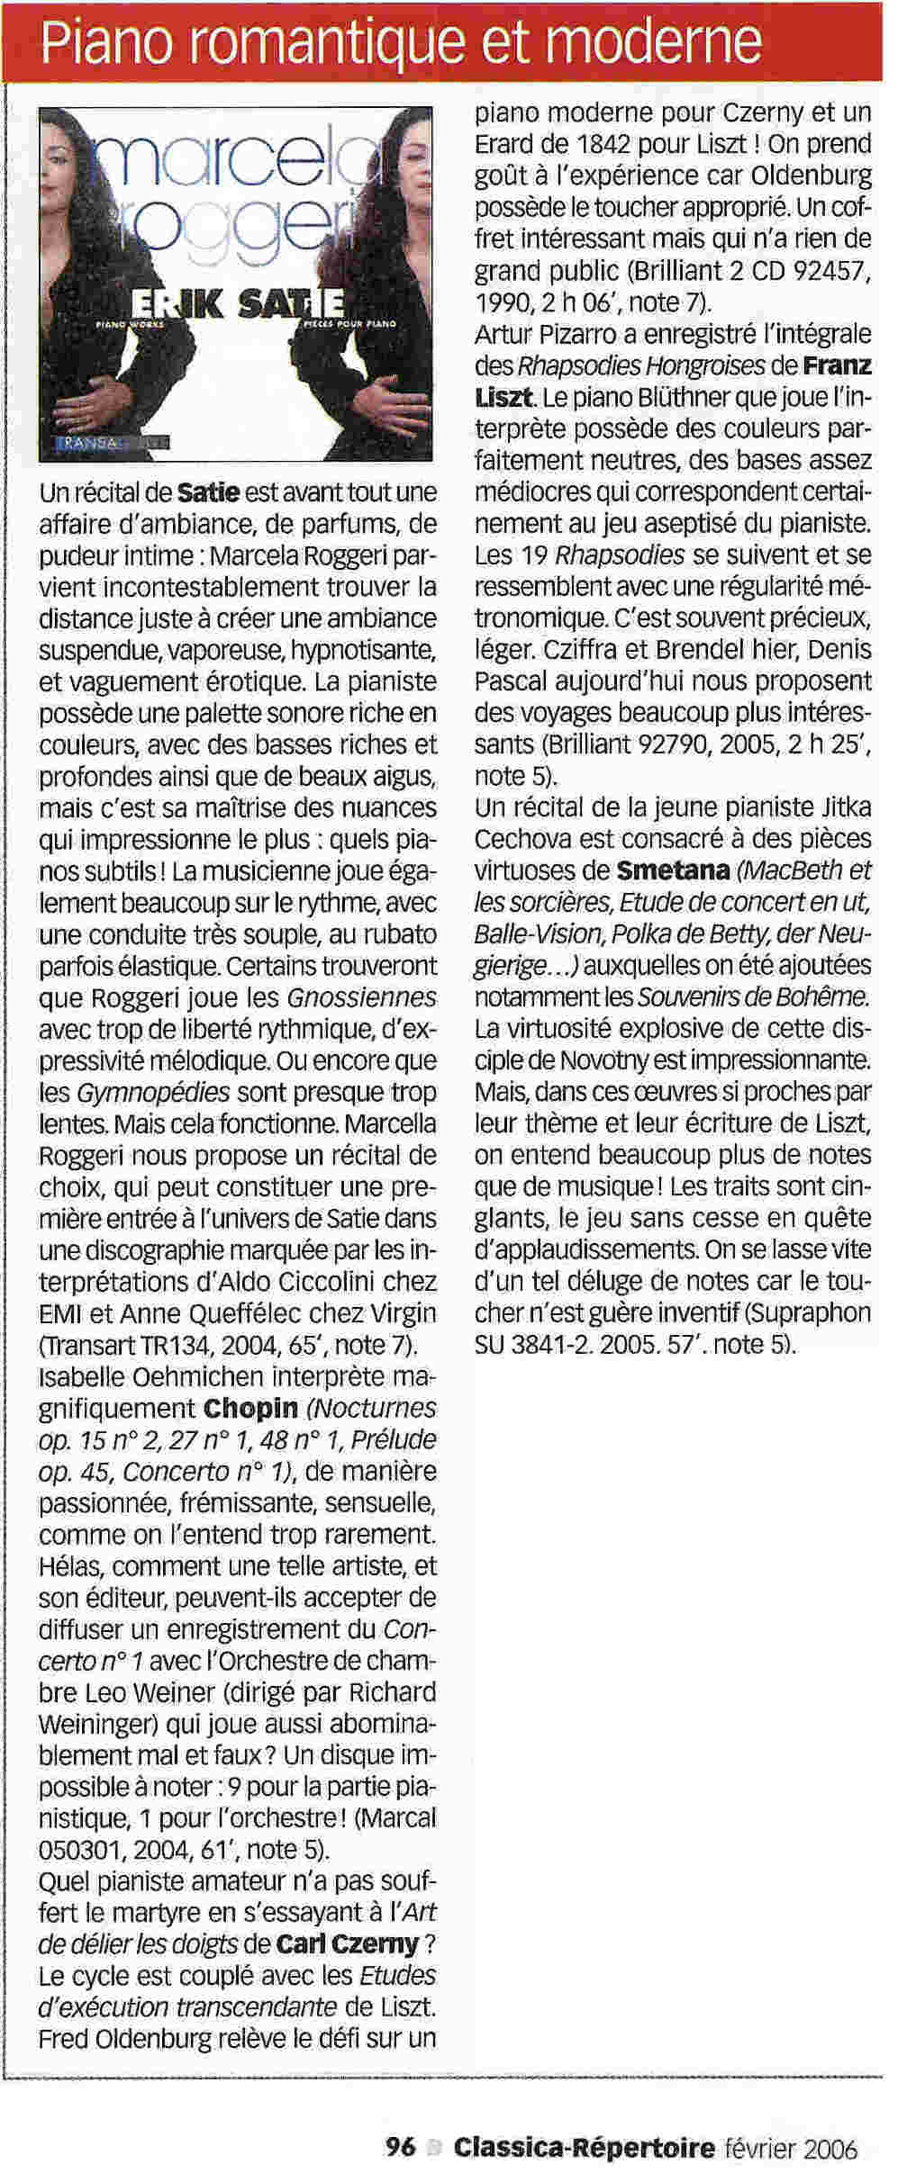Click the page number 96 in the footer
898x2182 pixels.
(x=400, y=2147)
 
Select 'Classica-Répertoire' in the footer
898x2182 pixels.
(x=584, y=2147)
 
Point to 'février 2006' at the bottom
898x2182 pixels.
(x=791, y=2148)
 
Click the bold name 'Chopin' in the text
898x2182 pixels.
(x=250, y=1407)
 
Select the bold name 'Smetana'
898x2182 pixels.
(x=673, y=870)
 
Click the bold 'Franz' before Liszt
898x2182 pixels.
(x=838, y=366)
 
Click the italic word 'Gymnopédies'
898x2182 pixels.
(x=152, y=1093)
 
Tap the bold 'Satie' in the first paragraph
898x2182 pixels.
(x=209, y=492)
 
